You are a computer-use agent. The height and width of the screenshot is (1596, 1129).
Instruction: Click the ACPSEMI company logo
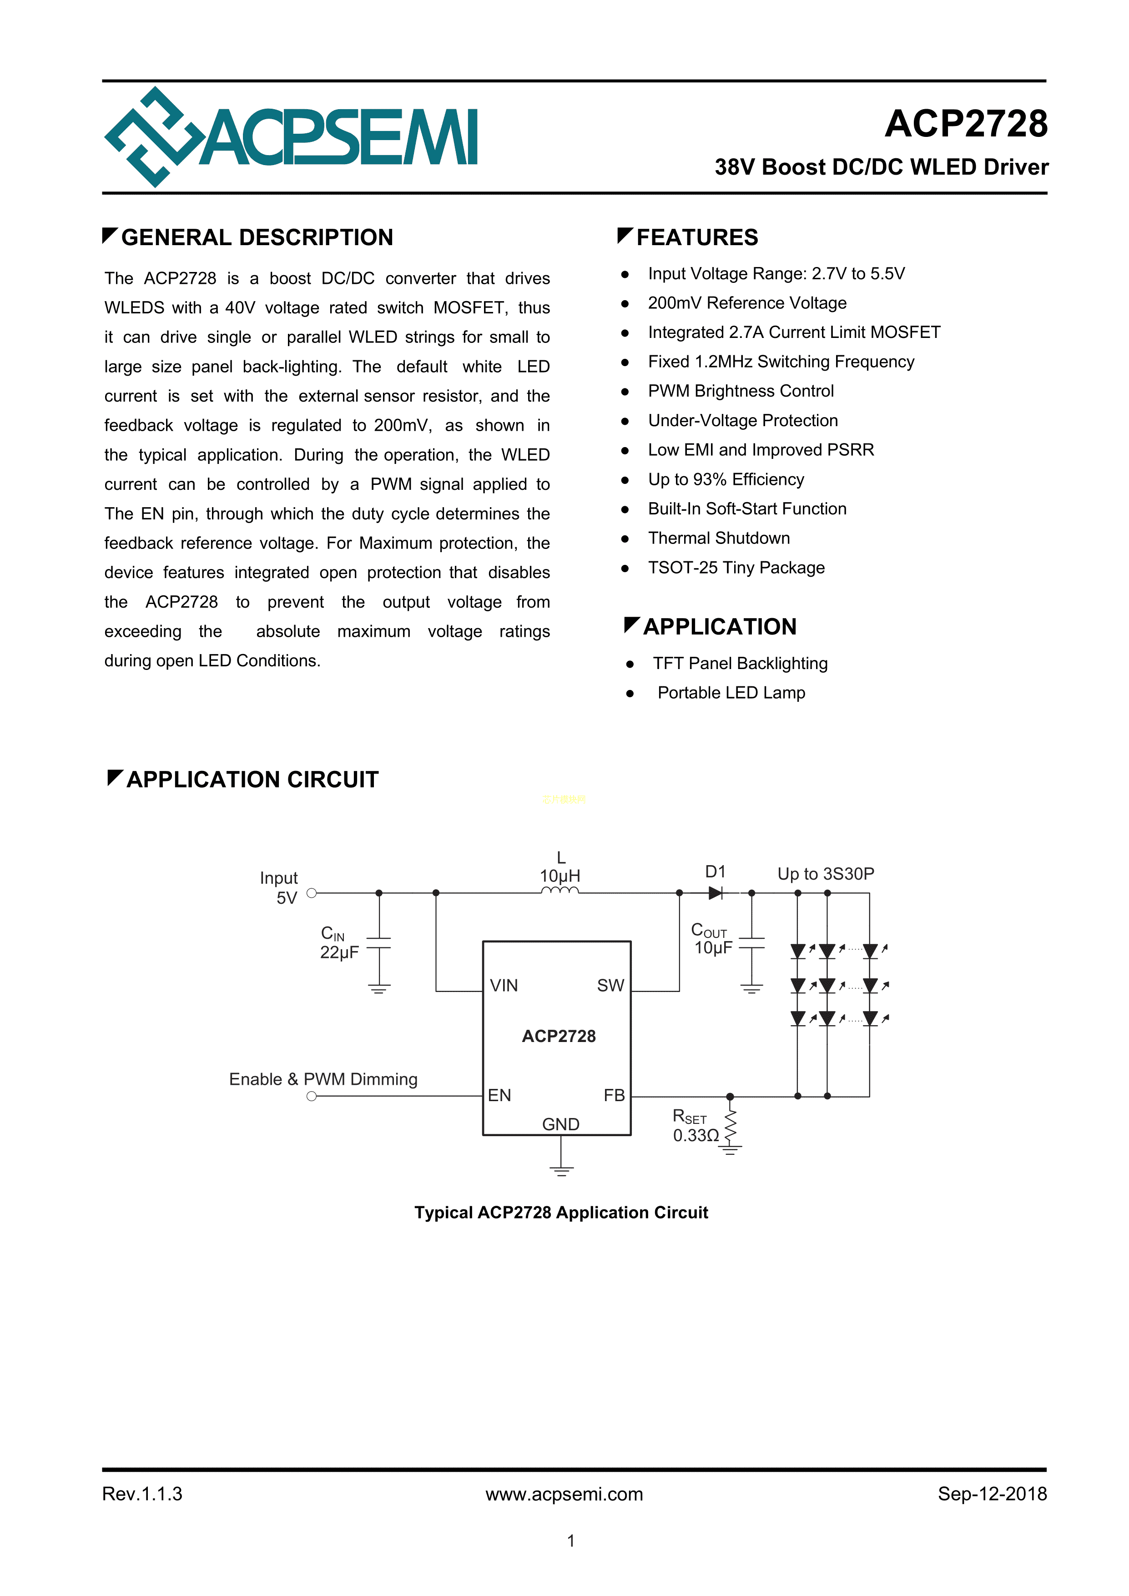pyautogui.click(x=291, y=137)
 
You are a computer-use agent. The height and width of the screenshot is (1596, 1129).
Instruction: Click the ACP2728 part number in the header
pyautogui.click(x=966, y=125)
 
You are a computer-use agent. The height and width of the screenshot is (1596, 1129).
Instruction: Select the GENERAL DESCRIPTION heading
pyautogui.click(x=257, y=238)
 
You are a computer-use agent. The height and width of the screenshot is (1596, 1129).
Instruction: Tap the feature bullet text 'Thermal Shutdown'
pyautogui.click(x=718, y=538)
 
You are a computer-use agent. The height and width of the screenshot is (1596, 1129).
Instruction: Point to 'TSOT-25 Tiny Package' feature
pyautogui.click(x=736, y=568)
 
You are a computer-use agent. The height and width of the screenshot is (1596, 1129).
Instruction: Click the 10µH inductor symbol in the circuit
pyautogui.click(x=559, y=891)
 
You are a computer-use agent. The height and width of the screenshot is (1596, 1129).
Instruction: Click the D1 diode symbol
pyautogui.click(x=715, y=893)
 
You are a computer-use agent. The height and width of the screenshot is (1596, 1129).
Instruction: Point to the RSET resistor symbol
pyautogui.click(x=730, y=1124)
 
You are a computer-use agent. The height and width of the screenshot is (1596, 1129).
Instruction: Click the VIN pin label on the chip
pyautogui.click(x=504, y=986)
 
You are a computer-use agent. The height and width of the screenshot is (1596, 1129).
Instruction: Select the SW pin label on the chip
pyautogui.click(x=610, y=986)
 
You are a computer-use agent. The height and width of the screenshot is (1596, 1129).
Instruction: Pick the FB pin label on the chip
pyautogui.click(x=614, y=1096)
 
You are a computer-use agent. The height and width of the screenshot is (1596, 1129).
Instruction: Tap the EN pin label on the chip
pyautogui.click(x=499, y=1096)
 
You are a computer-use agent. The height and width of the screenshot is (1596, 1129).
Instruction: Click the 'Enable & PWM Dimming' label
pyautogui.click(x=323, y=1079)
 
